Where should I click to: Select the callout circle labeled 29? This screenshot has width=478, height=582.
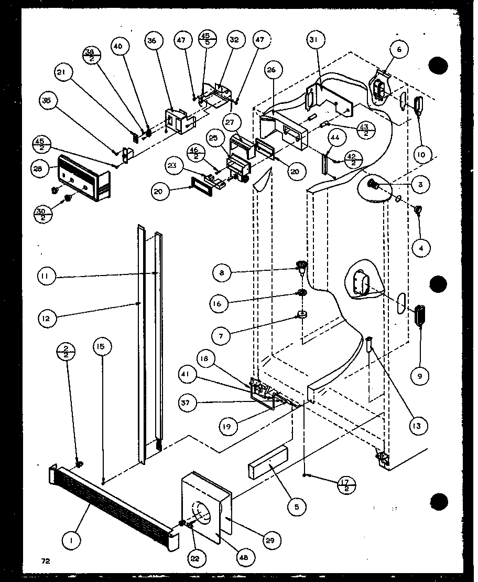pos(273,540)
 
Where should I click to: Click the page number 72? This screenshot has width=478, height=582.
pos(46,561)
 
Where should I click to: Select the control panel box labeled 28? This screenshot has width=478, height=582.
pos(84,178)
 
